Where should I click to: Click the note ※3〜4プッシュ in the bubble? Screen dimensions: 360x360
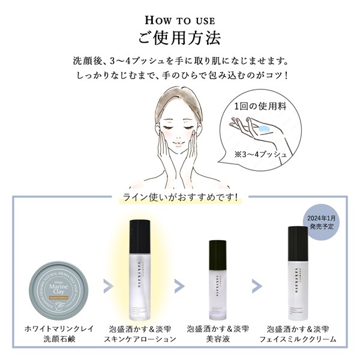pos(260,155)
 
